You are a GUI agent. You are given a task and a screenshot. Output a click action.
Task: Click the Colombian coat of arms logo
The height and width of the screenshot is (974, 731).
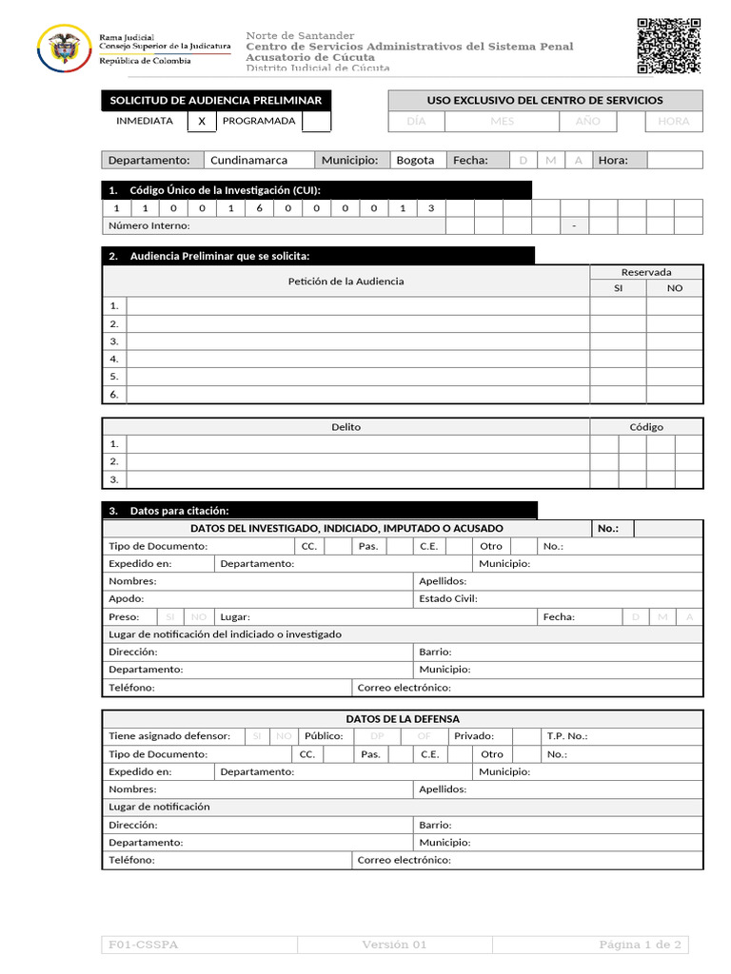pos(64,48)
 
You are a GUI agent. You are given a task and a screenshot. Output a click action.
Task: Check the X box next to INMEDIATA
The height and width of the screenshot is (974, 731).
pos(201,122)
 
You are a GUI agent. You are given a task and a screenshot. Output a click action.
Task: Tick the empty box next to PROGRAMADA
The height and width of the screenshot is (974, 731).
pos(316,122)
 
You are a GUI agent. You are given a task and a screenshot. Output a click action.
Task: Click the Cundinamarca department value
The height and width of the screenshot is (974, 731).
pos(248,160)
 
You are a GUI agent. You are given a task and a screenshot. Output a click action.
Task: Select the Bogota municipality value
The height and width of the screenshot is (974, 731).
pos(415,160)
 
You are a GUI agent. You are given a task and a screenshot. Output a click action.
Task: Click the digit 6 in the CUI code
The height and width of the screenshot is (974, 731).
pos(259,208)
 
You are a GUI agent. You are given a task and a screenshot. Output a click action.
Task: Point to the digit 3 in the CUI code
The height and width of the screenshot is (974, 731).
pos(431,208)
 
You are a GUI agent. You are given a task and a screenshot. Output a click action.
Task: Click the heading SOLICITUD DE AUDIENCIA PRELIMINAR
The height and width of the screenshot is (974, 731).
pos(216,100)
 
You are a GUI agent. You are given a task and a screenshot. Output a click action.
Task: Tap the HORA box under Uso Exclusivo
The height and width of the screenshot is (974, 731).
pos(673,122)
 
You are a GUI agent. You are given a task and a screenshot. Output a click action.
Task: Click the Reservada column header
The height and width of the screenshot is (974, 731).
pos(646,272)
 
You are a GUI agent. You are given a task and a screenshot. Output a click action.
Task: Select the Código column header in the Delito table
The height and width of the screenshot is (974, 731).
pos(646,427)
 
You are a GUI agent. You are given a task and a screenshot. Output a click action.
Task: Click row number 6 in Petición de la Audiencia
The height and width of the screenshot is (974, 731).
pos(114,395)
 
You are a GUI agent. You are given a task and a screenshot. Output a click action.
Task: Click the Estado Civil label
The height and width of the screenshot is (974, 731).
pos(448,599)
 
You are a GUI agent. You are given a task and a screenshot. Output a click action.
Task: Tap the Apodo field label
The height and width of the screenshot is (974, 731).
pos(127,599)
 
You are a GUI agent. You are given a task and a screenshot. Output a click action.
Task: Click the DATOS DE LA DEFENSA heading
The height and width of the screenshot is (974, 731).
pos(403,719)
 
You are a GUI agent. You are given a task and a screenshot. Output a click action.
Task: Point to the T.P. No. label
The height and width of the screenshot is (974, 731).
pos(567,736)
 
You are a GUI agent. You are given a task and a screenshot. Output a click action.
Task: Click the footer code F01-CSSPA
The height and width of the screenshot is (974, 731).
pos(144,945)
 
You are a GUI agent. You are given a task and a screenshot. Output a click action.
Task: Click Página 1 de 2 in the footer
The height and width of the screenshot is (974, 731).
pos(640,945)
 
